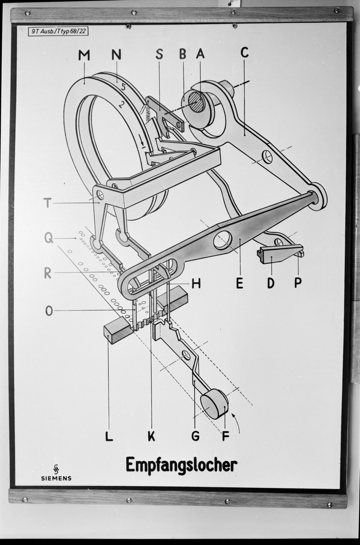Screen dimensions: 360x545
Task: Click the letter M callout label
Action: [x=84, y=55]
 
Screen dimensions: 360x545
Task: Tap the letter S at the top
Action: [x=159, y=54]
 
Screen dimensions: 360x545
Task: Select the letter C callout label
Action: [x=245, y=52]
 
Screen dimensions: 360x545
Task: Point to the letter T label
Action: [x=47, y=203]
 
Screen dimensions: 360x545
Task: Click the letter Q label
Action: [x=49, y=238]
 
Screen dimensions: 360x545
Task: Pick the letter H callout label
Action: [x=196, y=283]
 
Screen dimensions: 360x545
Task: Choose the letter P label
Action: [x=298, y=282]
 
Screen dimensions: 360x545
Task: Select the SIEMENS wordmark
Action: [x=56, y=478]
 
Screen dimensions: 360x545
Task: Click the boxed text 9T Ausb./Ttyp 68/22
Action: [x=58, y=31]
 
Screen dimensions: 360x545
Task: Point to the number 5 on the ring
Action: [x=123, y=87]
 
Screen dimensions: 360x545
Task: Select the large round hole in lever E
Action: [x=222, y=240]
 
